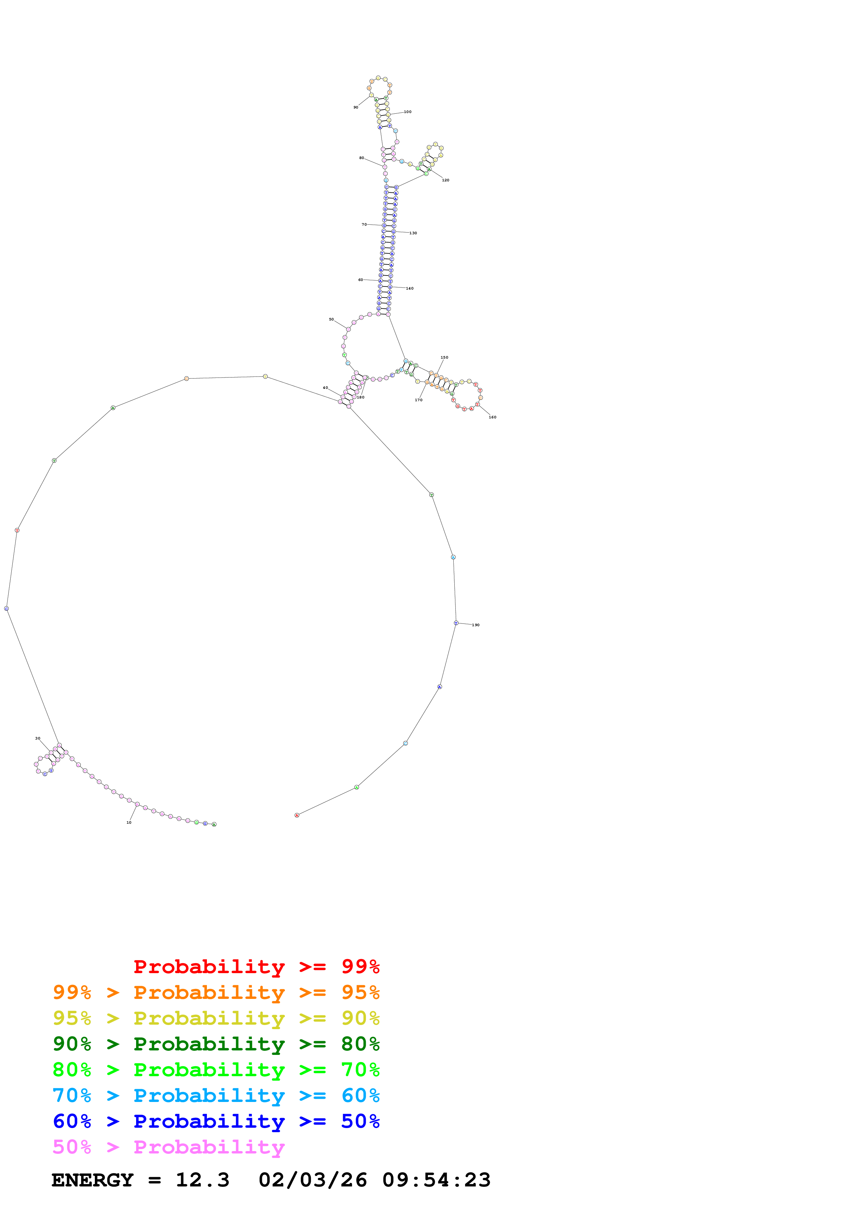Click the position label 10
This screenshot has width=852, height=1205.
coord(129,822)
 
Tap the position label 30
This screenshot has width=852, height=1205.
coord(38,739)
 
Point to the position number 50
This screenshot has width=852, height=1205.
coord(331,319)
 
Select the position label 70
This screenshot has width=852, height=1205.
coord(364,225)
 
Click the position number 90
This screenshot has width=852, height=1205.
coord(356,108)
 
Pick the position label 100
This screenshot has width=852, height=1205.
coord(408,112)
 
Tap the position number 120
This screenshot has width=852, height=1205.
coord(446,180)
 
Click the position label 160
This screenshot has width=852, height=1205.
coord(493,417)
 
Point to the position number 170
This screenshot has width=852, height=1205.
coord(418,400)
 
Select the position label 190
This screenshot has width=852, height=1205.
coord(476,625)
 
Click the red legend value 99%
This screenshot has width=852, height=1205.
coord(360,966)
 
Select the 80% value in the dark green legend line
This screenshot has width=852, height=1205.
coord(360,1044)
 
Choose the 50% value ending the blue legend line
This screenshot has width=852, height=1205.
coord(360,1121)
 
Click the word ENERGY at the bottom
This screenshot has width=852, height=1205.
coord(92,1180)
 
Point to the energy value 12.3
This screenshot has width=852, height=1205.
coord(203,1180)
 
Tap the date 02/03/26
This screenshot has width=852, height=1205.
coord(312,1180)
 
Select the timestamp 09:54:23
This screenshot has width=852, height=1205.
coord(436,1180)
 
